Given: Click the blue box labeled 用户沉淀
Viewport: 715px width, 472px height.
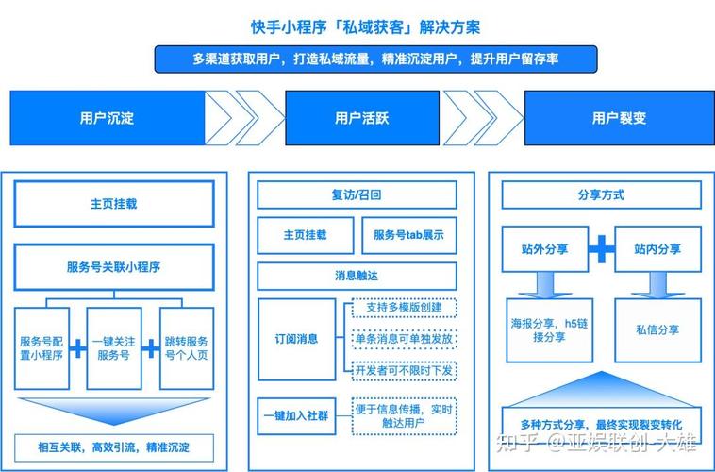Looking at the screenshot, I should [x=106, y=118].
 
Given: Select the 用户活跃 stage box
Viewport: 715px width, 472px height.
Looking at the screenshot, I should [x=362, y=118].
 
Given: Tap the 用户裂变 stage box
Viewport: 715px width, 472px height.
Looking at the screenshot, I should [x=619, y=118].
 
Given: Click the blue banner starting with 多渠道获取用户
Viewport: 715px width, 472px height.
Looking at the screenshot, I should [x=375, y=59].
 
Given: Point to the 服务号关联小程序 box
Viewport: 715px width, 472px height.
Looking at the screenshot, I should [x=113, y=267].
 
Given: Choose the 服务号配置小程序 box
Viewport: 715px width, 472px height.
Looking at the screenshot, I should [x=42, y=348].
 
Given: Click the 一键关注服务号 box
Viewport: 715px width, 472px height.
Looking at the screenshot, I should [x=114, y=348].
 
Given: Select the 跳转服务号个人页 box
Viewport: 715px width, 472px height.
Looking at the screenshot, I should [x=186, y=348].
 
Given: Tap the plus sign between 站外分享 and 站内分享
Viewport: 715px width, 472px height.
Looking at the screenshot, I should [x=602, y=249].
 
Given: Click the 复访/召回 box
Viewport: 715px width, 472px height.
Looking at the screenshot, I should [x=357, y=195].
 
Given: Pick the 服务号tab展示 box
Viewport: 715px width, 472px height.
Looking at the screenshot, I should [x=408, y=235].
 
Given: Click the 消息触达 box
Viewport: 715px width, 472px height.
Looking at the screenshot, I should [x=357, y=276].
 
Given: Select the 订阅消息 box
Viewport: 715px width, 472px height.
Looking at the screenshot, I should [x=296, y=339].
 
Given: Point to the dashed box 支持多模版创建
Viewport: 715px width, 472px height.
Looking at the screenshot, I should [x=404, y=309].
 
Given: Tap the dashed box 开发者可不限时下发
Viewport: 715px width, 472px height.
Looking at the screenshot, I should [x=404, y=369].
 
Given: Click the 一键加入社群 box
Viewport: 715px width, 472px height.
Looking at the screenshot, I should [x=296, y=416].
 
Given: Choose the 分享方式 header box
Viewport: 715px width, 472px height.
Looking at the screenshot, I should [x=601, y=195].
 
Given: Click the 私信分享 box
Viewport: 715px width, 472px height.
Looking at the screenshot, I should [x=657, y=329].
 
